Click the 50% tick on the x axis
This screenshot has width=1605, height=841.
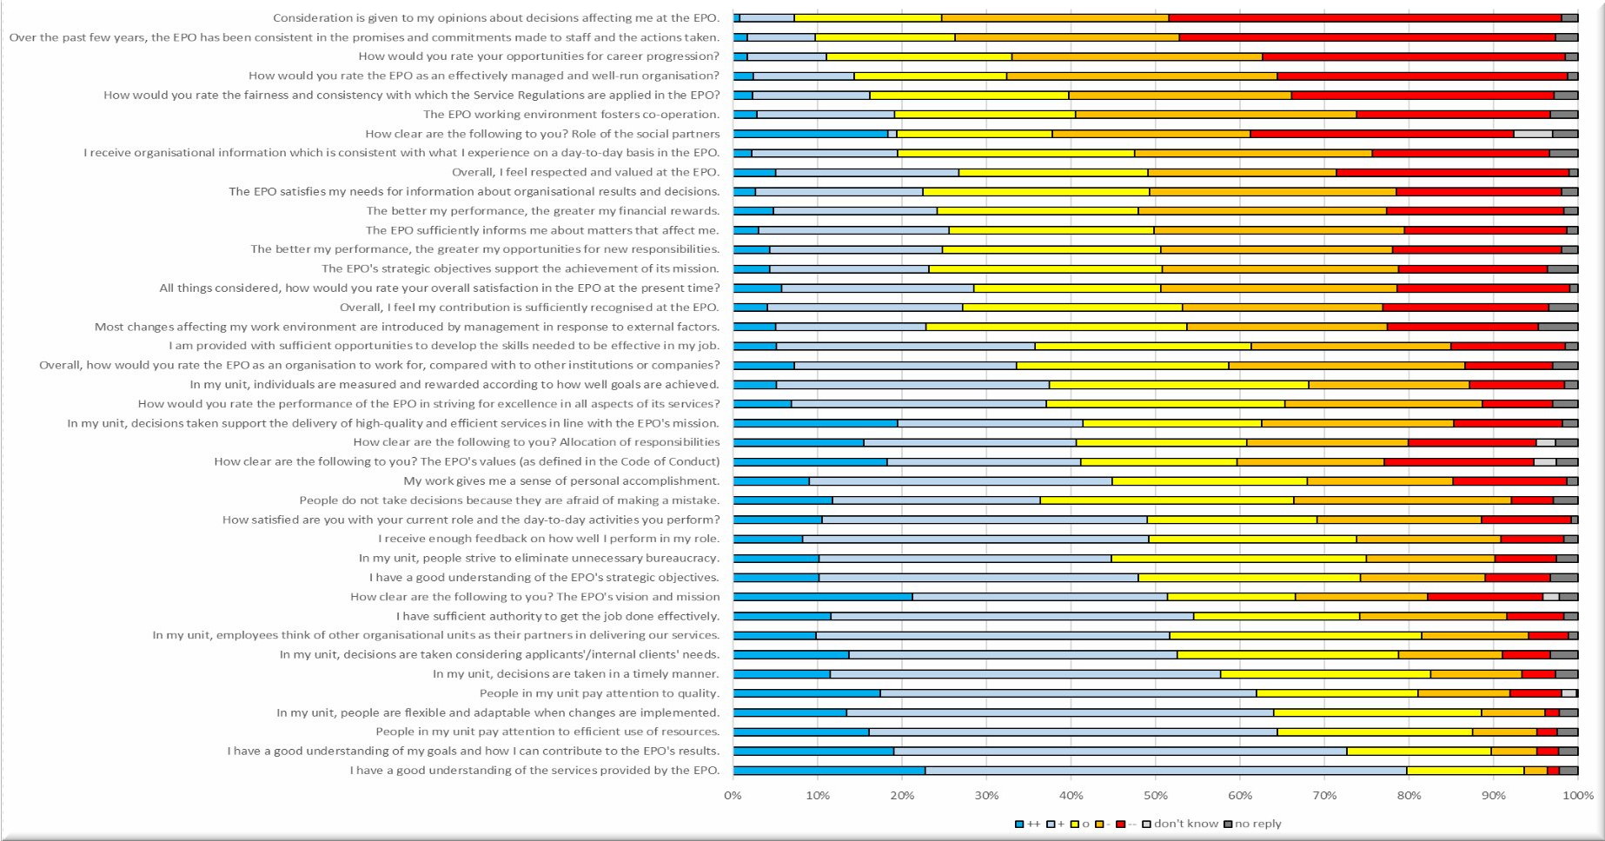coord(1156,796)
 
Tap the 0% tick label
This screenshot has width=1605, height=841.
coord(733,796)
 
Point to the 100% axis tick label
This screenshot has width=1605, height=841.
coord(1576,796)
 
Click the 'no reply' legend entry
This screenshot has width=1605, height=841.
coord(1257,824)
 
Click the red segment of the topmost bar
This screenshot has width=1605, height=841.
coord(1364,17)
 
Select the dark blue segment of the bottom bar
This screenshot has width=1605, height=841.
coord(829,771)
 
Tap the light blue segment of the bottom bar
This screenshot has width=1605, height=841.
coord(1165,771)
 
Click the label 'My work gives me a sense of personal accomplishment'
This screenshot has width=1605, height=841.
coord(561,481)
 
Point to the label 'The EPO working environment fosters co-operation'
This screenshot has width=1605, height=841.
coord(571,115)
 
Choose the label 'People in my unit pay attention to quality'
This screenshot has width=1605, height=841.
coord(600,693)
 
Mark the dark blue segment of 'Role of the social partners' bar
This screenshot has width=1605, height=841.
coord(811,134)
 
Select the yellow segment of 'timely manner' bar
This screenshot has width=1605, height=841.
coord(1325,674)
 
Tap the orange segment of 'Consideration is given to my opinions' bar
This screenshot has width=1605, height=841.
coord(1055,17)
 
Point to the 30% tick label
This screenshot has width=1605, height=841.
coord(986,796)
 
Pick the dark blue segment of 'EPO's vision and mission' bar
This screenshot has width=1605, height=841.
coord(823,597)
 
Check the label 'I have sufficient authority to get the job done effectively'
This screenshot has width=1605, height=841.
coord(558,616)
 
